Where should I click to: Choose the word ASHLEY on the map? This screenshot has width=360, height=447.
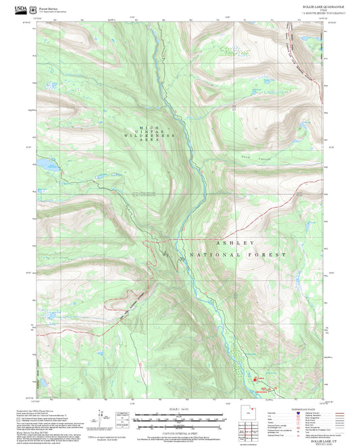(x=234, y=242)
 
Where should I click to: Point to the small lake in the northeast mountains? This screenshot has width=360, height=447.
(x=301, y=125)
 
